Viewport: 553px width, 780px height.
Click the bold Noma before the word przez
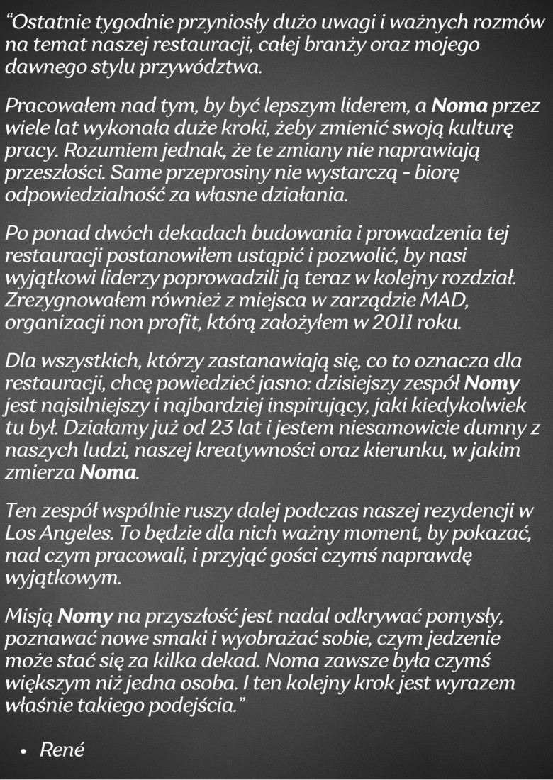(459, 108)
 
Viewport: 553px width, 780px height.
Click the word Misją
(29, 615)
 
